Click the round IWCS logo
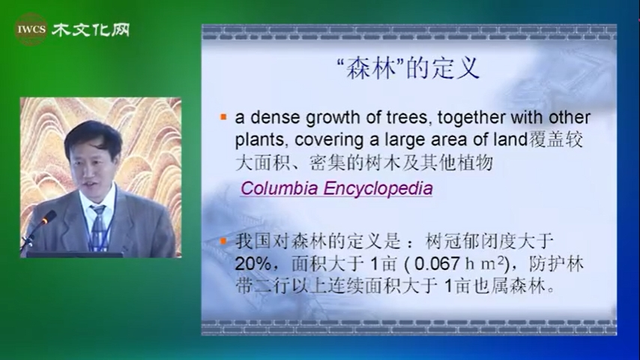pos(31,29)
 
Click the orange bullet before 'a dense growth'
pos(223,118)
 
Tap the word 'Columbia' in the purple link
pos(280,188)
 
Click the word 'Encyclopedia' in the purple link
pos(378,189)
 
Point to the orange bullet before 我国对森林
pos(223,241)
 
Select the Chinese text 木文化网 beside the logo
pos(91,29)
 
